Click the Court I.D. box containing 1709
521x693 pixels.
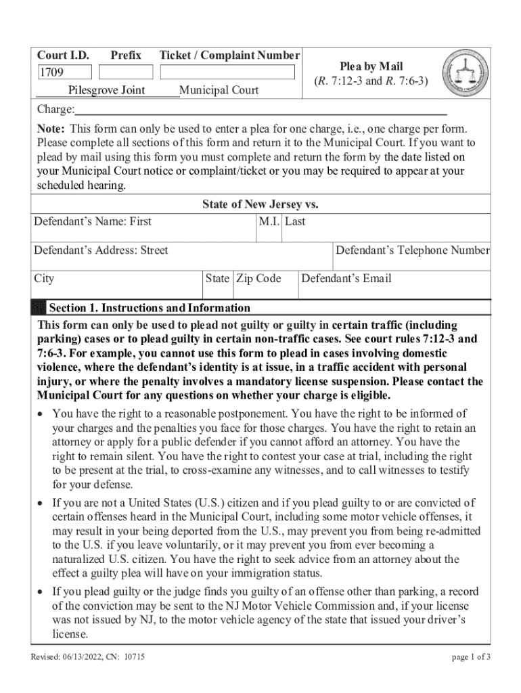coord(64,72)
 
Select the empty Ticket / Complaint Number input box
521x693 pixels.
coord(228,72)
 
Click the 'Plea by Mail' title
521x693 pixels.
coord(371,66)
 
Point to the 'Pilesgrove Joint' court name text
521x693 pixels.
coord(106,90)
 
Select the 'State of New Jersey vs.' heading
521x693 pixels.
coord(260,204)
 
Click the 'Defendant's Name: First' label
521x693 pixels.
coord(93,221)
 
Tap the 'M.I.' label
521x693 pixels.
coord(269,221)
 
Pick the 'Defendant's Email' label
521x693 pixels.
coord(346,278)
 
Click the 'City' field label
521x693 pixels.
coord(45,278)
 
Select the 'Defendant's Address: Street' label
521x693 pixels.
coord(101,250)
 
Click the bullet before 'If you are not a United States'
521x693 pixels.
coord(42,503)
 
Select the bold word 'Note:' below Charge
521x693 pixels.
coord(51,129)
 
